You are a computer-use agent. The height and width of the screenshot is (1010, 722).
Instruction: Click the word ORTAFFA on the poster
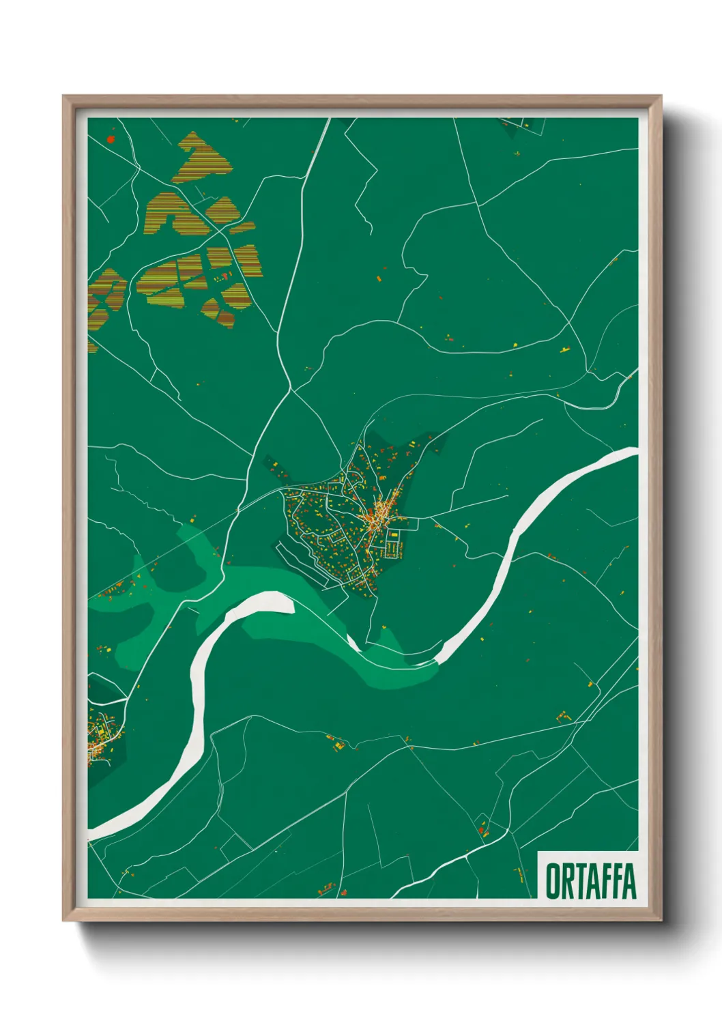591,881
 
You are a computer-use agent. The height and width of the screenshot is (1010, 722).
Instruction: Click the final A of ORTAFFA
630,882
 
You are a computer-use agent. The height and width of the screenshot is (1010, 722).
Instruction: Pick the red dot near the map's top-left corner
111,139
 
